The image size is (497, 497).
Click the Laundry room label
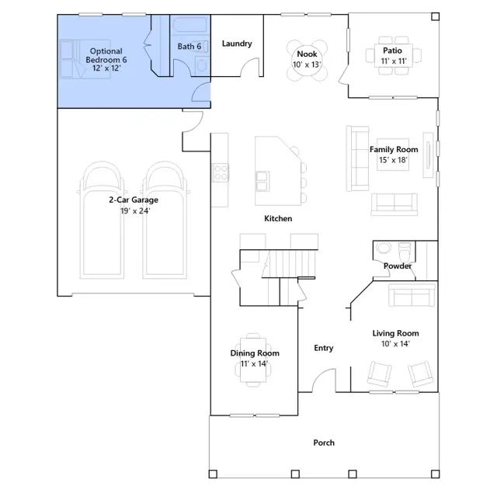(x=237, y=43)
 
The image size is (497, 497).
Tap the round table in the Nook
(x=307, y=60)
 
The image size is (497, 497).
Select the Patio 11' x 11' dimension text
(x=394, y=61)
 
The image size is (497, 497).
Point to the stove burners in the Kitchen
(x=221, y=172)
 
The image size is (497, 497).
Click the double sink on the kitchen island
(x=262, y=181)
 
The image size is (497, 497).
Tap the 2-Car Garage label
(x=134, y=200)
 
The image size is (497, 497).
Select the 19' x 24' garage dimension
(x=135, y=210)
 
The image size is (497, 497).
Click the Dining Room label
(x=255, y=353)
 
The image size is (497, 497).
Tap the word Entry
(x=324, y=348)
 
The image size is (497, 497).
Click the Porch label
(x=324, y=443)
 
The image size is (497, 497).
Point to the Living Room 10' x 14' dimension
(x=395, y=343)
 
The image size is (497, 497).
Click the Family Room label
(x=394, y=149)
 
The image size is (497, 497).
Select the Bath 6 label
(x=189, y=47)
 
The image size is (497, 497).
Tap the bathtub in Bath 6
(x=190, y=25)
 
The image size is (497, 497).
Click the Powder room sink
(x=384, y=248)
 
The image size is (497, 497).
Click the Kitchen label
(x=278, y=218)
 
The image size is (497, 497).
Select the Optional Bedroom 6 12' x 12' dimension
(x=107, y=68)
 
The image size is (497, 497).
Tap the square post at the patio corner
(x=436, y=16)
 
